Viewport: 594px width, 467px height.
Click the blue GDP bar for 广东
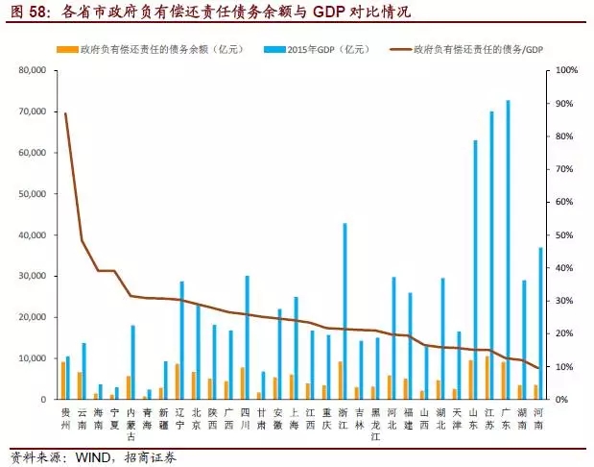(508, 250)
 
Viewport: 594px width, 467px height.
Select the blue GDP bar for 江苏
(491, 256)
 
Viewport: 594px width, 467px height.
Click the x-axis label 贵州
(64, 417)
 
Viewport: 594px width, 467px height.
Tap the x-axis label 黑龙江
(375, 423)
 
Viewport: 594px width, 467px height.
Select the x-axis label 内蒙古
(130, 423)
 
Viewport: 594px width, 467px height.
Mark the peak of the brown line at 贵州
(64, 113)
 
